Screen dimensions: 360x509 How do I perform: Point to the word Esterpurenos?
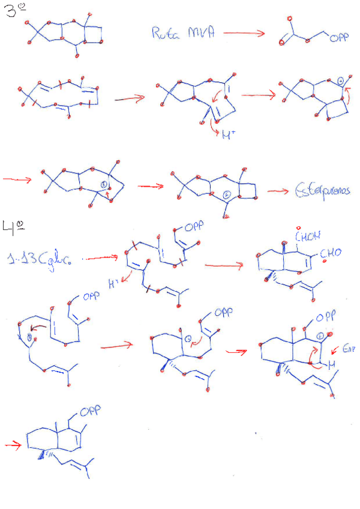point(322,191)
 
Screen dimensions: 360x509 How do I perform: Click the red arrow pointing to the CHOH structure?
point(223,265)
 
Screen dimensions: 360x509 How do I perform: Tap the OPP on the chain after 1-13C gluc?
point(194,227)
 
